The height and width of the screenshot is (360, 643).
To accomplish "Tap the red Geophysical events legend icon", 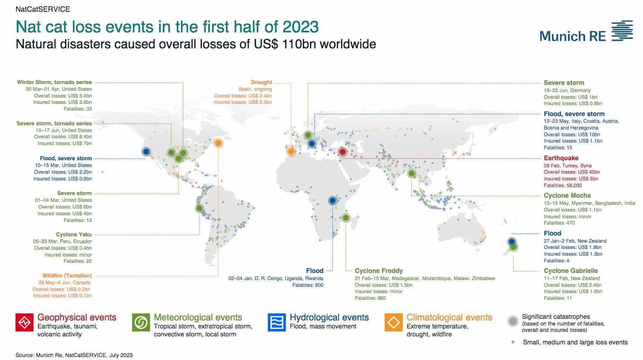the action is [x=24, y=323].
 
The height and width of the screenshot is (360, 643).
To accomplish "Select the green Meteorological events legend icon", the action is [x=141, y=323].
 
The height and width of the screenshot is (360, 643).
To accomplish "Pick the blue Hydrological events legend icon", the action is [x=277, y=323].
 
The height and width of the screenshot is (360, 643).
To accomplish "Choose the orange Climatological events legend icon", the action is [x=394, y=323].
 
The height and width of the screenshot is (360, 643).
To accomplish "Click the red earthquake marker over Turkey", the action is [x=342, y=151].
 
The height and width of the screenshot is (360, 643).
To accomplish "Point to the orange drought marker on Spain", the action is [x=291, y=151].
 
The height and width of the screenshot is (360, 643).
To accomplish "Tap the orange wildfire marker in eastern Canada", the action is [x=218, y=143].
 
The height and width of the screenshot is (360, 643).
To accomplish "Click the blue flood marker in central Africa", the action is [x=332, y=200].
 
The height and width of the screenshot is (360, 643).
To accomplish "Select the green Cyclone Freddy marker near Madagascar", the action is [x=346, y=218].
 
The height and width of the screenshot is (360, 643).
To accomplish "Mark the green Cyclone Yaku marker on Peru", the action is [x=199, y=208].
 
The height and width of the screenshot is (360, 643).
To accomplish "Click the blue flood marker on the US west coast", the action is [x=146, y=151].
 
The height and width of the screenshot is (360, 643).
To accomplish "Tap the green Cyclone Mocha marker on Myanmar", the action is [x=412, y=173].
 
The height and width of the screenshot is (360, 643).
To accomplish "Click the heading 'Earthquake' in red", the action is [x=561, y=158].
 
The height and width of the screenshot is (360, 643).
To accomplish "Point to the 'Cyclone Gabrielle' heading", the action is [x=571, y=271].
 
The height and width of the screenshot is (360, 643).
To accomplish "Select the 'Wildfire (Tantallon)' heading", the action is [x=67, y=275].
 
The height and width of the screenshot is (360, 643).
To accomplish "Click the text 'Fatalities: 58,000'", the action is [x=563, y=185].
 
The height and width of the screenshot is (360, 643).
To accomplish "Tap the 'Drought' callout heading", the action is [x=261, y=82].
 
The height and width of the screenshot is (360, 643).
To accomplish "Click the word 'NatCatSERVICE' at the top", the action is [x=43, y=9].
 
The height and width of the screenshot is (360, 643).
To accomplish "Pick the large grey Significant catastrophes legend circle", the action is [x=513, y=321].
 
